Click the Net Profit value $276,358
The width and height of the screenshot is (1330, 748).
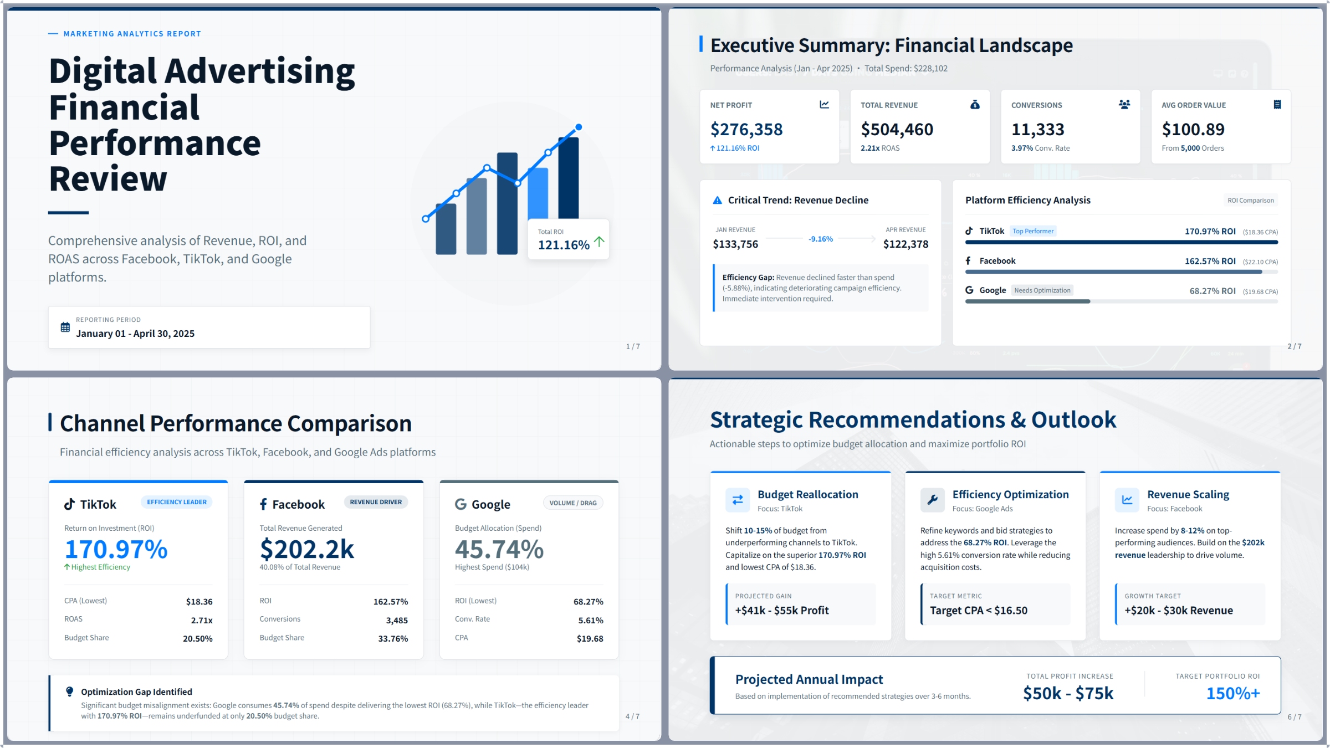coord(746,130)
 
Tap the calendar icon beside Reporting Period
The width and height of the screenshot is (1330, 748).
coord(65,327)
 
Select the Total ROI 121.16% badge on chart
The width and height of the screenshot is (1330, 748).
coord(569,239)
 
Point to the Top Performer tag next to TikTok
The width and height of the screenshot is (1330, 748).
coord(1033,231)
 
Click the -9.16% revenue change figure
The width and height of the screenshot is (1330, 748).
coord(820,239)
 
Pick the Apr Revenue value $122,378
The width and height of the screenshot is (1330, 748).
coord(906,244)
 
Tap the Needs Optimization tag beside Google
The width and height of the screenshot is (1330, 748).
coord(1042,290)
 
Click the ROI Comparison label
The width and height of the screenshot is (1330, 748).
coord(1250,201)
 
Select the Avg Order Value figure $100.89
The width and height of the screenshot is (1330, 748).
coord(1193,130)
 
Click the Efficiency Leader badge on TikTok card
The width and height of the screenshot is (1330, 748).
coord(176,502)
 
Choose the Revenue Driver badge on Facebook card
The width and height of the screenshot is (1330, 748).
coord(376,502)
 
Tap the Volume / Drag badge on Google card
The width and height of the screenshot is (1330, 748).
coord(572,503)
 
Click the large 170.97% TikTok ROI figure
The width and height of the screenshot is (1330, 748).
coord(116,549)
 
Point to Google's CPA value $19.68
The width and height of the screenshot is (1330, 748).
coord(590,639)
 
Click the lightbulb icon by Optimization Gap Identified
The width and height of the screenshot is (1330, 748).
coord(69,691)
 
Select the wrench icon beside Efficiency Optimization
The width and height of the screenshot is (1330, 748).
coord(933,499)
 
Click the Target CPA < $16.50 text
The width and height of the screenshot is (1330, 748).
coord(978,611)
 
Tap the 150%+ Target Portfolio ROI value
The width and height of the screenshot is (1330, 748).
coord(1233,693)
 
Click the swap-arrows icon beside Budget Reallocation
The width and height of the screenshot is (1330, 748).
coord(738,499)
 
